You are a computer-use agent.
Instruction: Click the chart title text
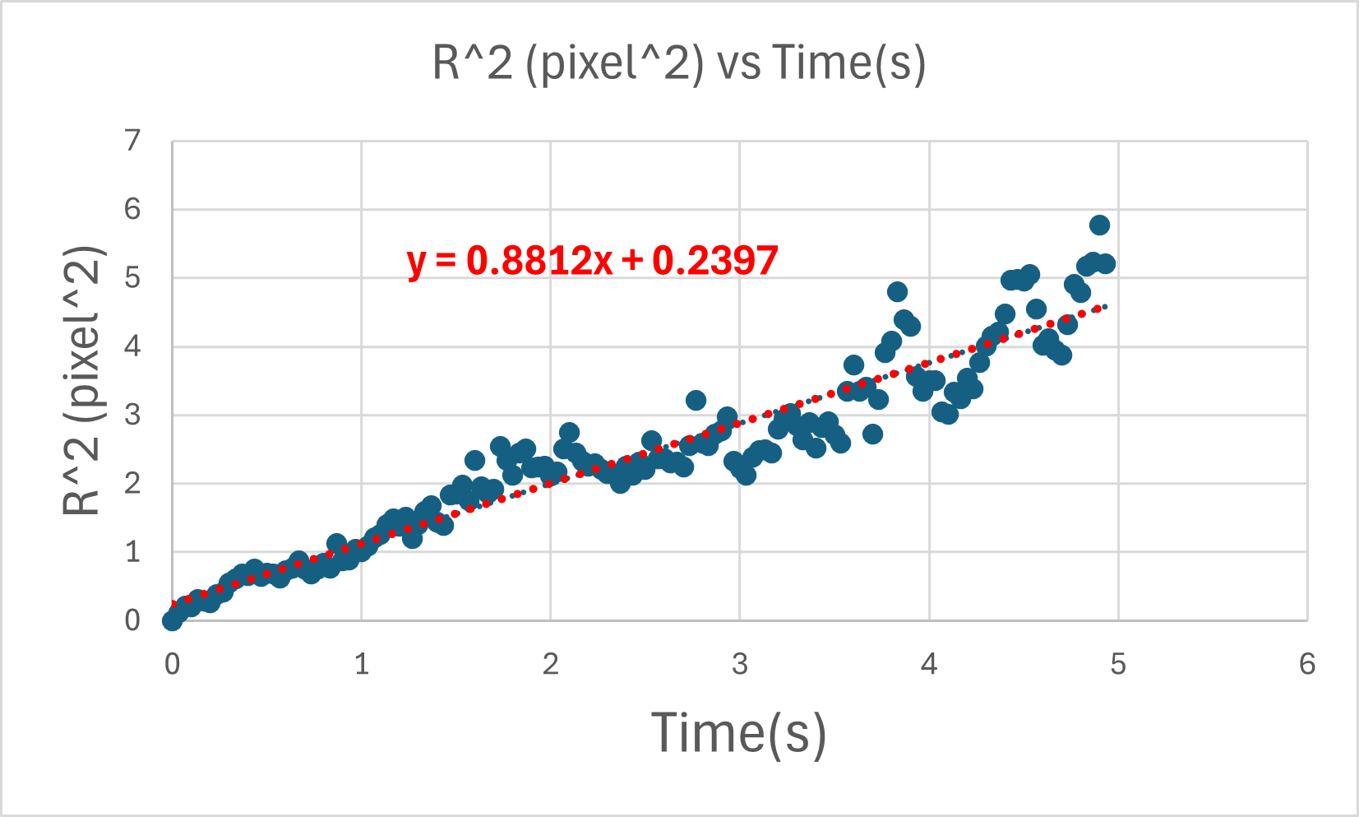[x=679, y=63]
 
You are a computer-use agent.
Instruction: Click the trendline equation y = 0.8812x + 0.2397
[x=592, y=261]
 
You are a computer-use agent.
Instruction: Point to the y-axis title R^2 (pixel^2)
[x=82, y=381]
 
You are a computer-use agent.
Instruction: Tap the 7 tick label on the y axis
[x=132, y=142]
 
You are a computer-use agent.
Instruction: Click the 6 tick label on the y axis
[x=132, y=210]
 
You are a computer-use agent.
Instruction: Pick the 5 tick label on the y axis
[x=132, y=278]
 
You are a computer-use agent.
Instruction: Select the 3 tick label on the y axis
[x=132, y=415]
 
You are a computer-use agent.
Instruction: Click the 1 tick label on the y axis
[x=132, y=552]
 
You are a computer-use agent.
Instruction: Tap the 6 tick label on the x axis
[x=1307, y=664]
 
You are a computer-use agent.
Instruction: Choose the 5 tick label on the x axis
[x=1118, y=664]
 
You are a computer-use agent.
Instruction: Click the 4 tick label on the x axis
[x=929, y=664]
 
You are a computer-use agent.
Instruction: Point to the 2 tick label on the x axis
[x=551, y=664]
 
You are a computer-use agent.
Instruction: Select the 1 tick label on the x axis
[x=362, y=664]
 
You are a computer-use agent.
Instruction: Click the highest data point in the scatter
[x=1099, y=225]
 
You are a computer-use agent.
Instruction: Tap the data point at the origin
[x=172, y=620]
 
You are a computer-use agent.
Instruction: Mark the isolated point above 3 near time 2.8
[x=696, y=401]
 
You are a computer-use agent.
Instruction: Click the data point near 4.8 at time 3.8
[x=897, y=291]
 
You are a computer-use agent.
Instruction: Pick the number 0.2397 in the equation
[x=714, y=261]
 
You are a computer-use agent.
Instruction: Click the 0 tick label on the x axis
[x=172, y=664]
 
